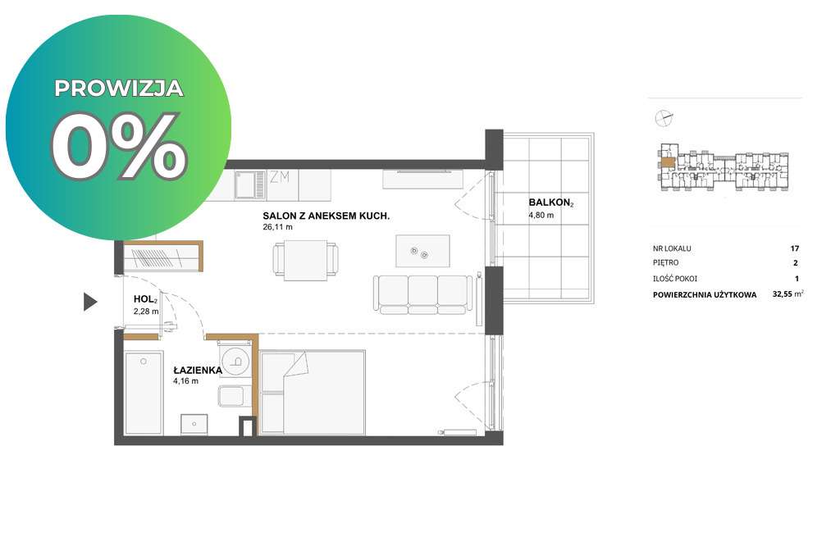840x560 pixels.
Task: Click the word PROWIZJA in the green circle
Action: [119, 89]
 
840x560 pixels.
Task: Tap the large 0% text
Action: [119, 146]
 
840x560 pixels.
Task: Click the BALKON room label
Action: [550, 203]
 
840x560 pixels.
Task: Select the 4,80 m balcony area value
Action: [541, 215]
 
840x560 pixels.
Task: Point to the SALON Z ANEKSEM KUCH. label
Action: [326, 216]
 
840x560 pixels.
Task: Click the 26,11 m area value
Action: [277, 227]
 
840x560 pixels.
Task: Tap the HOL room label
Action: [145, 300]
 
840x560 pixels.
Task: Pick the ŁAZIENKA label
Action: [198, 371]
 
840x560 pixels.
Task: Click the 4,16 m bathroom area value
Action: [185, 381]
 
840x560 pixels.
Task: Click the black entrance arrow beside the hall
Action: [90, 302]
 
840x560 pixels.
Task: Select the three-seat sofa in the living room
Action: [423, 294]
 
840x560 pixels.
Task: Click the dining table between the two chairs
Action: [305, 260]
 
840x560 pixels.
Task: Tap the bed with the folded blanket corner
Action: [313, 393]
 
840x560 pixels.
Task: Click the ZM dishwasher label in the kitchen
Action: [280, 176]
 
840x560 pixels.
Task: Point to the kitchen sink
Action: [247, 184]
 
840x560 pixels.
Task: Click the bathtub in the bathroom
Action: [144, 393]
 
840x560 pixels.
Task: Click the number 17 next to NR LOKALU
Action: [794, 248]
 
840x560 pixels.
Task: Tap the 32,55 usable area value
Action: [782, 294]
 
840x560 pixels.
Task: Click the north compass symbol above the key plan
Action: [664, 118]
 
